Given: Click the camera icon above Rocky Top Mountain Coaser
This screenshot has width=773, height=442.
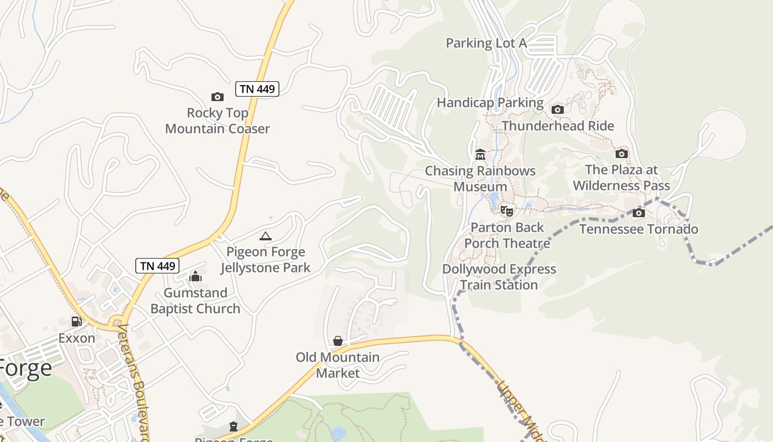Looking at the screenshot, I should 218,97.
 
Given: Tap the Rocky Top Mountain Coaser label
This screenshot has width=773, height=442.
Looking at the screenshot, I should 218,121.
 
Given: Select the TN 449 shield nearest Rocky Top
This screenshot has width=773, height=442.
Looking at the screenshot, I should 257,89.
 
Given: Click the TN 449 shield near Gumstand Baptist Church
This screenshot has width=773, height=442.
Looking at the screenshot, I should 157,266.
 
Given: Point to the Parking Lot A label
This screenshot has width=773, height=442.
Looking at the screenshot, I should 486,43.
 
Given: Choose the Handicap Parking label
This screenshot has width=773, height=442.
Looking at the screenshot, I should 490,103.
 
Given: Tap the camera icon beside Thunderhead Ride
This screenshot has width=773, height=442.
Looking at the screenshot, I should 558,109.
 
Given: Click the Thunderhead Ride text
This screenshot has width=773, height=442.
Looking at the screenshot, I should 558,126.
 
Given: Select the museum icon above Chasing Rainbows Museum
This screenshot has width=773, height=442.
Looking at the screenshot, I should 480,155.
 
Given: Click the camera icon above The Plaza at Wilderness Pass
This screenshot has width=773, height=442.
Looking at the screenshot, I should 622,154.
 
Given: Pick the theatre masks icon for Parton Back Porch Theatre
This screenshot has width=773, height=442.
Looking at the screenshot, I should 507,211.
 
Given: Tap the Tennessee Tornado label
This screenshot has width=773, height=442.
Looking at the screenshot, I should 638,229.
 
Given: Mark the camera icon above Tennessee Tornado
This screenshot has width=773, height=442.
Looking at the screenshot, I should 639,213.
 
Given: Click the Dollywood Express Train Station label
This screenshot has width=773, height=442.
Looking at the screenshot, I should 499,277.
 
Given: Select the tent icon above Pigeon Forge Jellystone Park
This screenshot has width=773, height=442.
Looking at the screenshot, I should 266,236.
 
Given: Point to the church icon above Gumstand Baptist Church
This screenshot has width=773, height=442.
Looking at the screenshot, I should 195,276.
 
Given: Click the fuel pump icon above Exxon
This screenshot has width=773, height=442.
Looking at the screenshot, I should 77,322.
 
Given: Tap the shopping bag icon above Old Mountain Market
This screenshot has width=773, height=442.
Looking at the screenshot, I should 338,341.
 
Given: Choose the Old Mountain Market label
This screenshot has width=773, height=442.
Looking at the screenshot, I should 338,365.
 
